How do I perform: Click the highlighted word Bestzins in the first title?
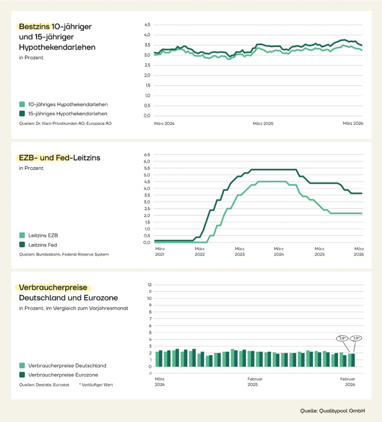tap(34, 27)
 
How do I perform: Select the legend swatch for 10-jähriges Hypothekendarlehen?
tap(22, 105)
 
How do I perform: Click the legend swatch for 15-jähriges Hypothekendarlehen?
tap(22, 113)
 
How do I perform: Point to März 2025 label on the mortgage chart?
tap(263, 123)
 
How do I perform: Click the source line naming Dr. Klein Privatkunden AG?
tap(65, 123)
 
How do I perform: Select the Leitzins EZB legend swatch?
tap(22, 236)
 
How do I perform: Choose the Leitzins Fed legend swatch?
tap(22, 245)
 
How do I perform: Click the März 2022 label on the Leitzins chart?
tap(199, 251)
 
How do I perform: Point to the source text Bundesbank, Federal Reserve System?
tap(64, 254)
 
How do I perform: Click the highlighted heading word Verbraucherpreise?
tap(53, 287)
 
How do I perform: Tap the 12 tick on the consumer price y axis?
tap(150, 285)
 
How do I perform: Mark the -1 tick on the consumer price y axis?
tap(150, 373)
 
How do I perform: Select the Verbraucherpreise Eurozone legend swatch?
tap(22, 375)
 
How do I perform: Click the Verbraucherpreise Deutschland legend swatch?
tap(22, 366)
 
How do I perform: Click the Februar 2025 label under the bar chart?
tap(255, 381)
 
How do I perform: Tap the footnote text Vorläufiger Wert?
tap(96, 384)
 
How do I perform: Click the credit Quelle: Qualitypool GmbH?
tap(333, 411)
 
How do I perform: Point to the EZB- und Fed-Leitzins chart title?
tap(59, 157)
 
